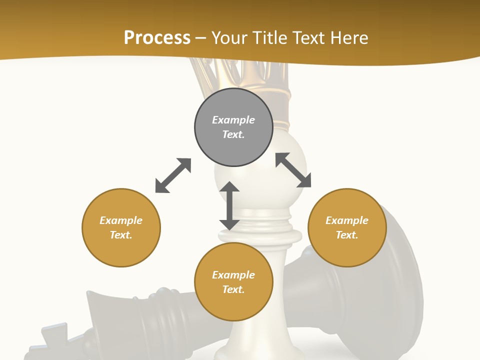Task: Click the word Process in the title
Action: (x=157, y=38)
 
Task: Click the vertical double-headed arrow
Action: (x=229, y=205)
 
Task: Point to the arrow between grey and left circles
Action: (x=173, y=175)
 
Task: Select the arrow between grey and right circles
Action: (x=293, y=170)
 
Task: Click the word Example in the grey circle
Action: (x=233, y=120)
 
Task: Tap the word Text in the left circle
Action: (x=121, y=235)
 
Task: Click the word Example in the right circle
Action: (x=347, y=220)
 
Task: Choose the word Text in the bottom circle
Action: (x=233, y=289)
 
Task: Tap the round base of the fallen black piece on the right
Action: (x=400, y=280)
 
